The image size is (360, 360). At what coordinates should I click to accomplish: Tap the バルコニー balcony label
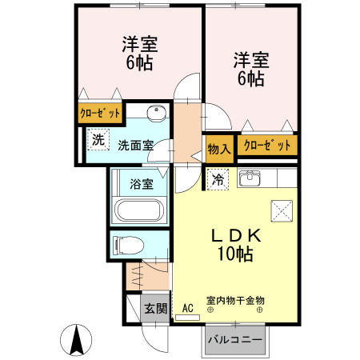[235, 340]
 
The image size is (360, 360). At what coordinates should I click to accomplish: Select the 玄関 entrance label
[155, 308]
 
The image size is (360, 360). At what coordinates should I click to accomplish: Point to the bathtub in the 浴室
[140, 212]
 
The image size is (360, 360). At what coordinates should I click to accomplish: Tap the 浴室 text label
[142, 184]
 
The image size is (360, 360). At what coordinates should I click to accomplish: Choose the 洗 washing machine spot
[97, 138]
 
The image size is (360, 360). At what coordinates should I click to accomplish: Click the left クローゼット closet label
[100, 114]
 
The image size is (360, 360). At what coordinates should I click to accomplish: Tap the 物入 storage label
[219, 146]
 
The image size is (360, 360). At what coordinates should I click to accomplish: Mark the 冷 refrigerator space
[218, 180]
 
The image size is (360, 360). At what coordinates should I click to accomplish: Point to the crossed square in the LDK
[282, 209]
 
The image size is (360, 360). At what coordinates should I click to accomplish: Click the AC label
[188, 308]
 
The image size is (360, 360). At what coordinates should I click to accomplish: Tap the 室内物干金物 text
[235, 301]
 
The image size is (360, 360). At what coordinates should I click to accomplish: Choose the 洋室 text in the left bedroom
[138, 44]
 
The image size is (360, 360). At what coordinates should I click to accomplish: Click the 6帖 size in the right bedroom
[250, 78]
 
